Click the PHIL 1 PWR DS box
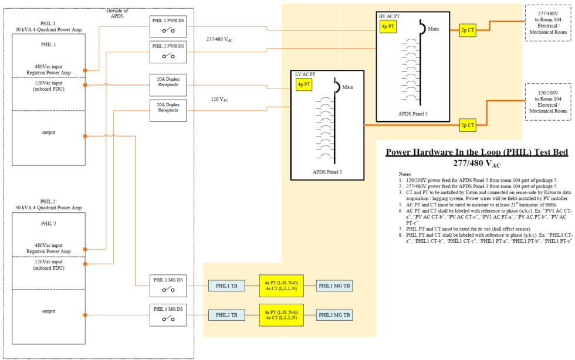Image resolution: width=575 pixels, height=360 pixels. [168, 26]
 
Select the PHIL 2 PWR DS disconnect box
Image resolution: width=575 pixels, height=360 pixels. [168, 52]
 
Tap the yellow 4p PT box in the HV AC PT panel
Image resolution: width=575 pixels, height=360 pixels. [388, 26]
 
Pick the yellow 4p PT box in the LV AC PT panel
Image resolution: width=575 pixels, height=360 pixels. [304, 84]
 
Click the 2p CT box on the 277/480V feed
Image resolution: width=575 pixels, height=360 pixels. [468, 30]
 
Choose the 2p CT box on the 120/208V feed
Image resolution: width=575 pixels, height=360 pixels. [468, 125]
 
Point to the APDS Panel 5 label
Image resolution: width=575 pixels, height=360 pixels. [413, 114]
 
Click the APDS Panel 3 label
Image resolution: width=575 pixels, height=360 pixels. [327, 172]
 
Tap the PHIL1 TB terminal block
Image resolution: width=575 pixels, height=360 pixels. [226, 286]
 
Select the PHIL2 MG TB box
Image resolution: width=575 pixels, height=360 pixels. [334, 315]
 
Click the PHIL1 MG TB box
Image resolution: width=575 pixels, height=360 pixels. [334, 286]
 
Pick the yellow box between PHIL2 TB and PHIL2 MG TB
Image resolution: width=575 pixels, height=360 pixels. [281, 315]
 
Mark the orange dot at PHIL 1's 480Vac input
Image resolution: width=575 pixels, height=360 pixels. [85, 70]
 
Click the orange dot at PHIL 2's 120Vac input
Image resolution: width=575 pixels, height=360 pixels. [85, 264]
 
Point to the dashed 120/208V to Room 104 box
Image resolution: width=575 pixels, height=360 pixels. [548, 102]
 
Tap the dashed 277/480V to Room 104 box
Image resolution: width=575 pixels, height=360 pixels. [548, 23]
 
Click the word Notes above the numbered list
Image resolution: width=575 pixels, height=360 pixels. [405, 174]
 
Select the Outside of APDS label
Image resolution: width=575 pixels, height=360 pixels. [117, 13]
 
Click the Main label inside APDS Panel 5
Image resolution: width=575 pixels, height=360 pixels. [434, 29]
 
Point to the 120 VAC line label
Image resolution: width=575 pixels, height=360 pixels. [219, 99]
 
